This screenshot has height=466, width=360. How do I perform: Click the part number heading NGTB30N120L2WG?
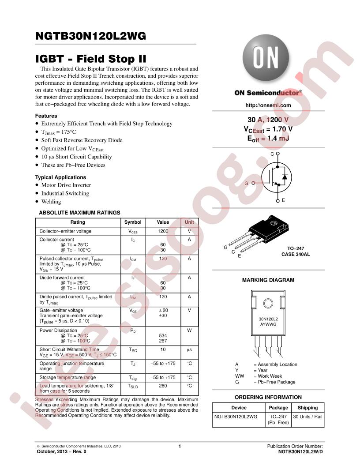click(x=90, y=36)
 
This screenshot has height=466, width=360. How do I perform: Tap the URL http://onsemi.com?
click(x=268, y=105)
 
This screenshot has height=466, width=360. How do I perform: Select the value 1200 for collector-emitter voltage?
click(x=163, y=231)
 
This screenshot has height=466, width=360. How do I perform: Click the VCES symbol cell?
click(x=133, y=232)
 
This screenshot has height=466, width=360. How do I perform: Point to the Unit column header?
click(x=189, y=222)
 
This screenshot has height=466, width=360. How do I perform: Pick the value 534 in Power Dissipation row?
click(x=163, y=335)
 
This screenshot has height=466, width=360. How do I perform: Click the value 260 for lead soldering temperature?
click(x=163, y=386)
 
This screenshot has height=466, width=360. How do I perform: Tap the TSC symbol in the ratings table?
click(x=133, y=350)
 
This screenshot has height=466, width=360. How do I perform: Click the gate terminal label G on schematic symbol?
click(x=246, y=184)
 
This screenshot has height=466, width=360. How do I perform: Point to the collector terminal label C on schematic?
click(x=272, y=154)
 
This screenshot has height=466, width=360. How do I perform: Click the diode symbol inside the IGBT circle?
click(x=285, y=177)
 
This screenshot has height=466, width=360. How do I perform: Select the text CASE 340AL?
click(x=296, y=254)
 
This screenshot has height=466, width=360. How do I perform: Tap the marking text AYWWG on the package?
click(x=268, y=324)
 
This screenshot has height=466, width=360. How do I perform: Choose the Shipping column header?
click(x=308, y=408)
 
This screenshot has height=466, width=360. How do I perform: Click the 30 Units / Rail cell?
click(x=308, y=417)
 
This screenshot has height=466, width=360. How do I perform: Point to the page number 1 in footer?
click(x=180, y=446)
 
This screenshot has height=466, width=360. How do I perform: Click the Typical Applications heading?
click(x=60, y=177)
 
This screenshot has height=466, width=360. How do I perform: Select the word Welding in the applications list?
click(x=51, y=202)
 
